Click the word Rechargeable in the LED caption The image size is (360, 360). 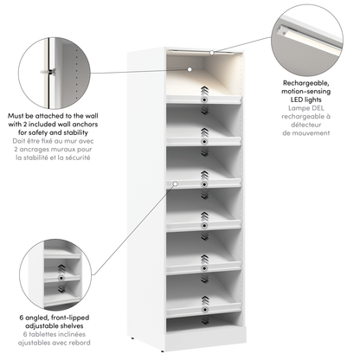[x=305, y=85]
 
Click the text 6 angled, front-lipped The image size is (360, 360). [x=56, y=319]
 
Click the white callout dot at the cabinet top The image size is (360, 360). [x=211, y=54]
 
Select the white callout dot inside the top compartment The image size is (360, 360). [x=190, y=68]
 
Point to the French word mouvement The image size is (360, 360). [x=305, y=134]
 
